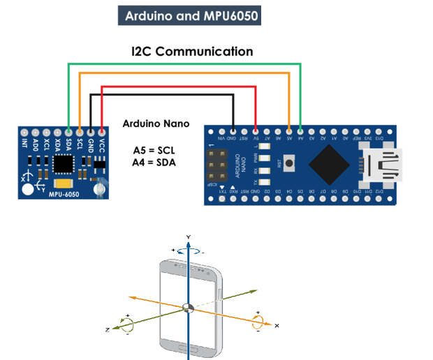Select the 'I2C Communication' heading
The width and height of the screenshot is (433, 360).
(192, 52)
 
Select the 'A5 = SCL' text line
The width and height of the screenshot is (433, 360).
(155, 150)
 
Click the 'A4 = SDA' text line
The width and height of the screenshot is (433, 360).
(155, 163)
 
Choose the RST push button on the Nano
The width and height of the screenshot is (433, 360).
(290, 164)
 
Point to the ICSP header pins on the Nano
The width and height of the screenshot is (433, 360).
(217, 165)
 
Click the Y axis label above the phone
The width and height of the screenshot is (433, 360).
(188, 237)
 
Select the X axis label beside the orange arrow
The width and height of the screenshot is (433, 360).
(277, 326)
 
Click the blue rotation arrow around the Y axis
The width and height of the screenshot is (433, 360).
(188, 252)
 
